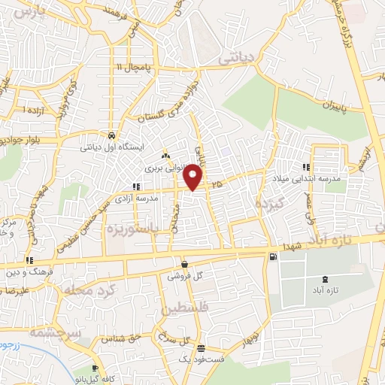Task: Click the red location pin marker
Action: tap(194, 176)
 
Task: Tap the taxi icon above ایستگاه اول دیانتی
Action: tap(111, 135)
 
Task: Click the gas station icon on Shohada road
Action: tap(271, 257)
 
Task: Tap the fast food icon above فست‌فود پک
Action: tap(201, 348)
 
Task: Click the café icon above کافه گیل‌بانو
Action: tap(95, 368)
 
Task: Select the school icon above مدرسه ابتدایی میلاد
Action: tap(306, 167)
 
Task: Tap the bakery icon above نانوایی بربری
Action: tap(166, 155)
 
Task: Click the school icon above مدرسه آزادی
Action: tap(136, 186)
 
